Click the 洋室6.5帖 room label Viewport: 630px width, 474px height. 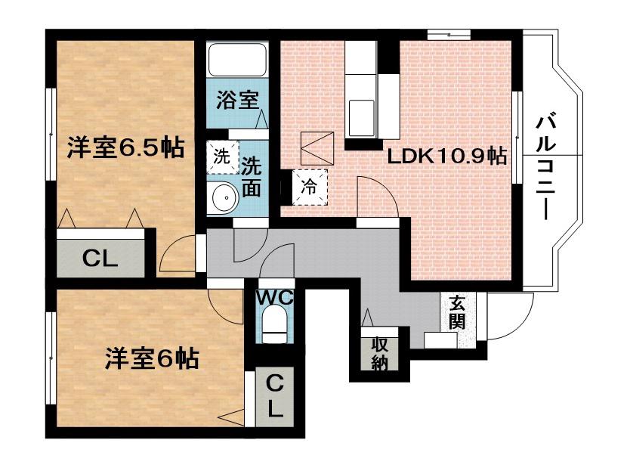[x=125, y=148]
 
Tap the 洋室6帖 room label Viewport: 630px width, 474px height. [x=152, y=358]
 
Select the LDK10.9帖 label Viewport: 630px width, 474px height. [x=446, y=156]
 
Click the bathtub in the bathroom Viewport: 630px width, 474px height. [x=237, y=60]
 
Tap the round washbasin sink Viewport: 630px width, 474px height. [x=224, y=198]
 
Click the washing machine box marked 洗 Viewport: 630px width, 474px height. [x=222, y=156]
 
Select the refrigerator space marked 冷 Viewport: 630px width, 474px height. [x=310, y=187]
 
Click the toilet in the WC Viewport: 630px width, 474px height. [x=274, y=324]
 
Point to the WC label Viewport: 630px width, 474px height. [x=275, y=298]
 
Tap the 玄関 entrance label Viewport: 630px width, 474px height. [x=457, y=312]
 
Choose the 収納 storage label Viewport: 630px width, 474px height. [x=379, y=353]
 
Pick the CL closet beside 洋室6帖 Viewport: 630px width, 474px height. [x=275, y=396]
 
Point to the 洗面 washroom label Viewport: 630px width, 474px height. [x=252, y=176]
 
